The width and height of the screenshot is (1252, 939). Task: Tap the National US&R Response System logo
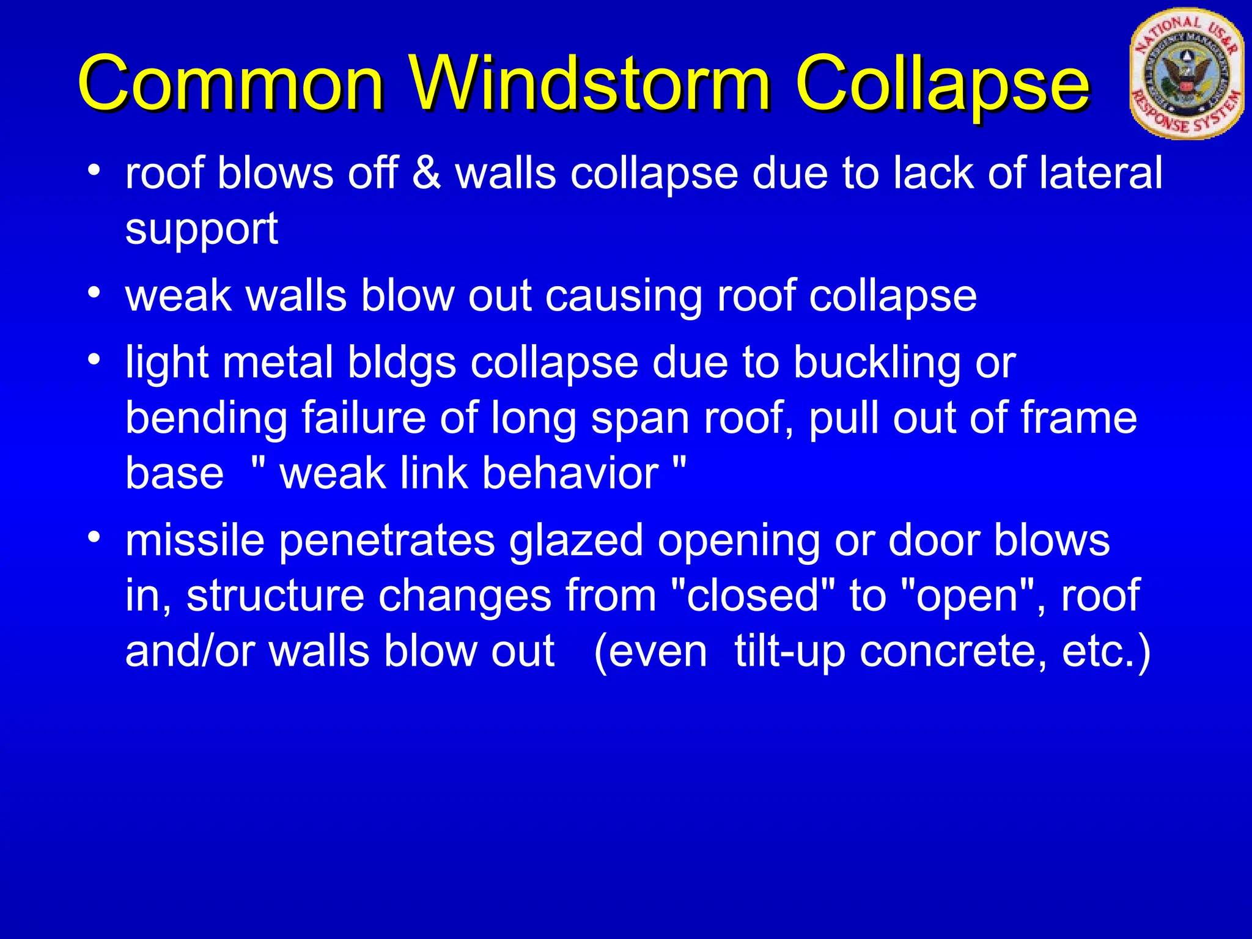[1186, 73]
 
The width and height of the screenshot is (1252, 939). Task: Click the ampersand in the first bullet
[426, 173]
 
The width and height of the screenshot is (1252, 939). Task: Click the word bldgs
[402, 362]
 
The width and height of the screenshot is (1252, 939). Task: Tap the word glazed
[576, 541]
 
